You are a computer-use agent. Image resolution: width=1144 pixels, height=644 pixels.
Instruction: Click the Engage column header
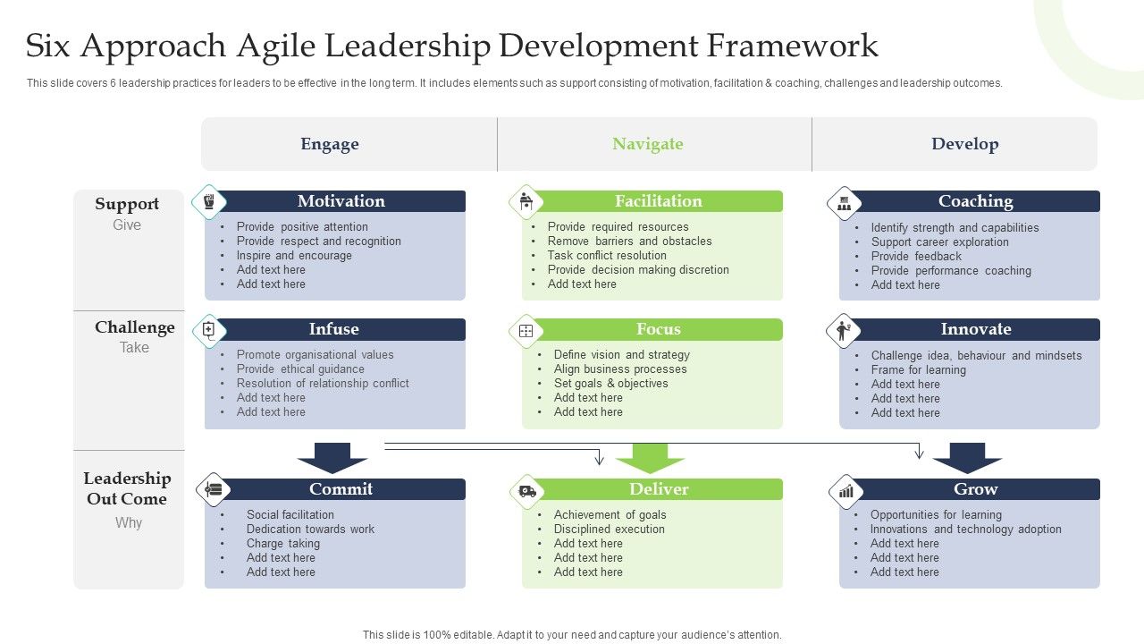click(330, 144)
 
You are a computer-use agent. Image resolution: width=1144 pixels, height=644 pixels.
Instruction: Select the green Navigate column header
click(647, 144)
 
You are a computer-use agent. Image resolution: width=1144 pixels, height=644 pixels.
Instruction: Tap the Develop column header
click(964, 144)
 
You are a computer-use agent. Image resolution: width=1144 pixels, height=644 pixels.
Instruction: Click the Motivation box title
click(341, 201)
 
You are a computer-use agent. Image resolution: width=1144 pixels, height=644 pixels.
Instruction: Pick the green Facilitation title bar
click(659, 201)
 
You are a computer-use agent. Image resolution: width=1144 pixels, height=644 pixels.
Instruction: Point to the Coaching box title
click(975, 201)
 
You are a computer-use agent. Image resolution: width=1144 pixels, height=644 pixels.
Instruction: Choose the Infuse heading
click(333, 329)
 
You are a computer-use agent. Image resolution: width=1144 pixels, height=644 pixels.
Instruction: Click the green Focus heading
click(659, 329)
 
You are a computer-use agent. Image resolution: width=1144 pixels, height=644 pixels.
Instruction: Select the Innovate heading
click(975, 329)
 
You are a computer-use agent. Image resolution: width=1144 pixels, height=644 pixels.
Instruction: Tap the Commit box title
click(341, 489)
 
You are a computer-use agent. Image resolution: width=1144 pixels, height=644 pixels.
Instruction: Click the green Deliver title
click(659, 489)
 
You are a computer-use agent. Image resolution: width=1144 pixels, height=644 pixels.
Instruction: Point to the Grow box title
click(975, 489)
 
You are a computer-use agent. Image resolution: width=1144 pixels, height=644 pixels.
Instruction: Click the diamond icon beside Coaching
click(844, 203)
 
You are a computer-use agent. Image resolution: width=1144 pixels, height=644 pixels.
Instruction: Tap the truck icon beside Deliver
click(526, 491)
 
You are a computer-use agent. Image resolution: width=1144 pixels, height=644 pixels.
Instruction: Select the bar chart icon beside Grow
click(845, 491)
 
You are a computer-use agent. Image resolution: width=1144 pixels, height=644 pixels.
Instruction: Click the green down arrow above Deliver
click(650, 457)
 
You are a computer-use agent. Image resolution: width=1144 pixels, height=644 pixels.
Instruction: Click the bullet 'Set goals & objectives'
click(610, 383)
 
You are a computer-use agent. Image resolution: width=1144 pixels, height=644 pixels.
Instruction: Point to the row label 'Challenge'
click(135, 327)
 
